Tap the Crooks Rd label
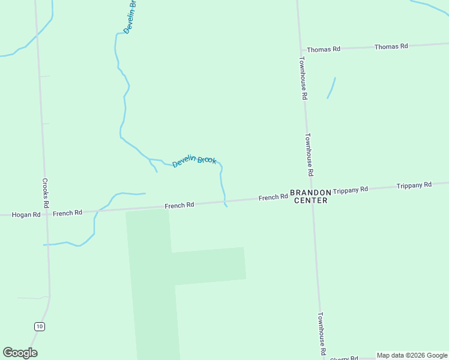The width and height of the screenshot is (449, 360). click(x=45, y=192)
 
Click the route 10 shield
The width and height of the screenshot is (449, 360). click(x=39, y=326)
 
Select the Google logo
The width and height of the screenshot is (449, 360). click(x=20, y=353)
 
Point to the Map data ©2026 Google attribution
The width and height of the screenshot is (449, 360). click(x=412, y=355)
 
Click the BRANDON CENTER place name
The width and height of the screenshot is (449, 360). click(x=310, y=196)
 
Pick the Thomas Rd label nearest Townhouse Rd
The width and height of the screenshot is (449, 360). click(x=324, y=49)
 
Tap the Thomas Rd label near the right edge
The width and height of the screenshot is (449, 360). click(x=391, y=46)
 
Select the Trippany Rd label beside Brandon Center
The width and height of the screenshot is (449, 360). click(x=350, y=190)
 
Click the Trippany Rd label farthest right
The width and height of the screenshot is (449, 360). click(x=414, y=185)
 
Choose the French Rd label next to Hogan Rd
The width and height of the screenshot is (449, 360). click(x=67, y=213)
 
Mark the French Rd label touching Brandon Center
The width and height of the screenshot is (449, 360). click(x=273, y=197)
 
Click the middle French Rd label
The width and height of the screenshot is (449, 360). click(x=179, y=205)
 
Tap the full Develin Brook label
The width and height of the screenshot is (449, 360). click(x=194, y=161)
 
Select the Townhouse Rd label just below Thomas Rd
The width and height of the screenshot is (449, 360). click(x=304, y=78)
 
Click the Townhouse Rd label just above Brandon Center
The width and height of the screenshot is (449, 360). click(x=310, y=154)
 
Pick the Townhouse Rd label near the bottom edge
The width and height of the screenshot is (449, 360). click(x=322, y=334)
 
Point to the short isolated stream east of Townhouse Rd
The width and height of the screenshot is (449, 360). click(x=331, y=88)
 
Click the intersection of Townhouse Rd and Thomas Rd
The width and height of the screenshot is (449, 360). click(x=302, y=50)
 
